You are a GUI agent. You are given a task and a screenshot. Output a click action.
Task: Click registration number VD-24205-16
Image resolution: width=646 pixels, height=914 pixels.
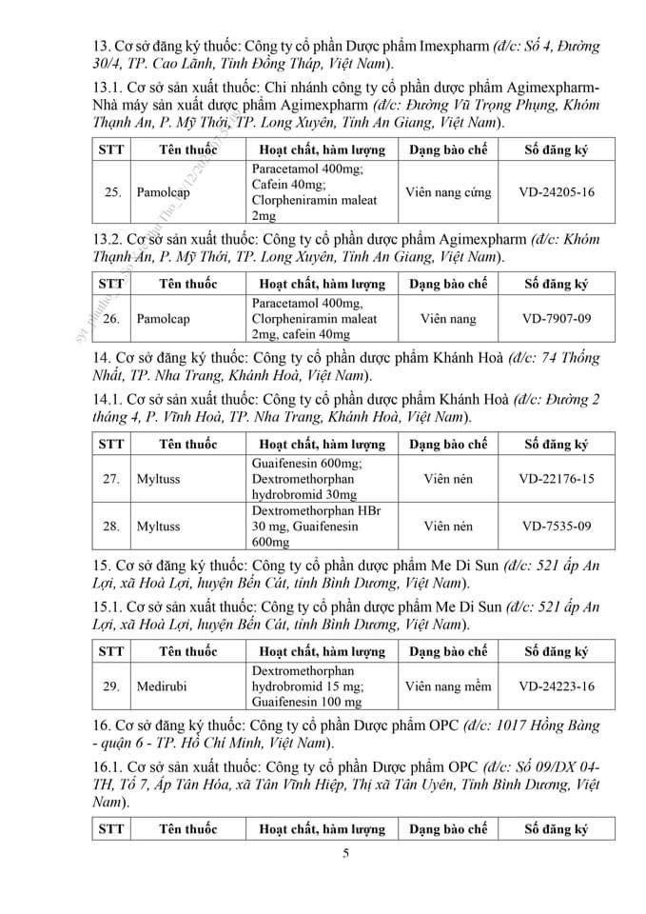tap(557, 192)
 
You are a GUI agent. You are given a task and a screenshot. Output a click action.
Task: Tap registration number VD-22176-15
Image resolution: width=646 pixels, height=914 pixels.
tap(557, 479)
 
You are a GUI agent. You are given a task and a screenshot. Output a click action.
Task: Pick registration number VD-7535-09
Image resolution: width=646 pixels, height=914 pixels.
tap(557, 526)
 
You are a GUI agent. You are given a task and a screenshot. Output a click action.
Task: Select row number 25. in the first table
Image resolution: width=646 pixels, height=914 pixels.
tap(112, 192)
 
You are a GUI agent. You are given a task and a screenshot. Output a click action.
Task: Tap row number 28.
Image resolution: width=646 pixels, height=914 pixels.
tap(112, 526)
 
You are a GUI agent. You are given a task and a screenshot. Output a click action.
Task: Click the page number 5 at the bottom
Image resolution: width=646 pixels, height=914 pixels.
tap(345, 853)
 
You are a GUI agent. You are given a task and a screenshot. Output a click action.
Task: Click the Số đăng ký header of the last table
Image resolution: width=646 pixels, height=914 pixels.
tap(557, 828)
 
